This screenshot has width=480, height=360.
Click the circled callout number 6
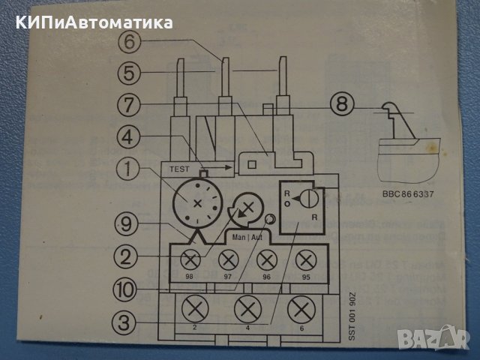coord(129,44)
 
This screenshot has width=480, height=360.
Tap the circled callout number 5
coord(129,75)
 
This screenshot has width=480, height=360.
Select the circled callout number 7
coord(129,106)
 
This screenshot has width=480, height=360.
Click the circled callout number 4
coord(129,137)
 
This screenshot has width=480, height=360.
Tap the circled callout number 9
coord(129,223)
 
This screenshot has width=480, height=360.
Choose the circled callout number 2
coord(129,257)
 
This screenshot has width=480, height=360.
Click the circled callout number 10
coord(129,288)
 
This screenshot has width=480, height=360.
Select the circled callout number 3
coord(129,322)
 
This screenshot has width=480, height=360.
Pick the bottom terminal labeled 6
coord(301,308)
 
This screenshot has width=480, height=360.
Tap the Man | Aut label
coord(247,235)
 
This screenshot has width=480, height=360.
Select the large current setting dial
coord(198,202)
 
